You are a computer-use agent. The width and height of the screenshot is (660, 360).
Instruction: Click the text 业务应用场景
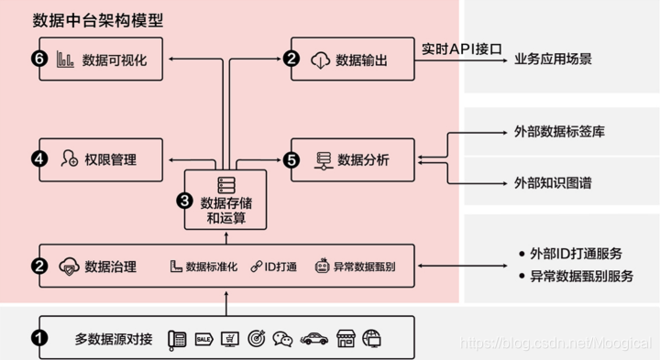[x=553, y=60]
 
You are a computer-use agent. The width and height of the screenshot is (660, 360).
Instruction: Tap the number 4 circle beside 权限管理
[x=38, y=159]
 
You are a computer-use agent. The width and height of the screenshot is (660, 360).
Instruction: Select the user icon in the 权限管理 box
[x=69, y=159]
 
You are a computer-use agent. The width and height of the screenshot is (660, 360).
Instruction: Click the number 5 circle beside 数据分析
[x=292, y=159]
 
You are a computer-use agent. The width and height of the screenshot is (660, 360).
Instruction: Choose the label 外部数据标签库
[x=554, y=133]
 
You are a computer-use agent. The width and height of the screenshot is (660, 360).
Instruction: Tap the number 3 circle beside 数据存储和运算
[x=183, y=200]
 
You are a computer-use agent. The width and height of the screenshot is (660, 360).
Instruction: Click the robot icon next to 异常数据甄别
[x=322, y=267]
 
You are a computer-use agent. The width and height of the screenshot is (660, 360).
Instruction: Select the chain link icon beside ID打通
[x=257, y=267]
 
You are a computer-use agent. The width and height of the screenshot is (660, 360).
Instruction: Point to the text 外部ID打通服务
[x=575, y=254]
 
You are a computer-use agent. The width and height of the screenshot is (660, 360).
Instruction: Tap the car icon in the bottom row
[x=314, y=338]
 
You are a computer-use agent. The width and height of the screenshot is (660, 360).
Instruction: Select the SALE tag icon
[x=204, y=338]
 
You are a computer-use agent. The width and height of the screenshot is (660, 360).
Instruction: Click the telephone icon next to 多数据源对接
[x=177, y=338]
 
